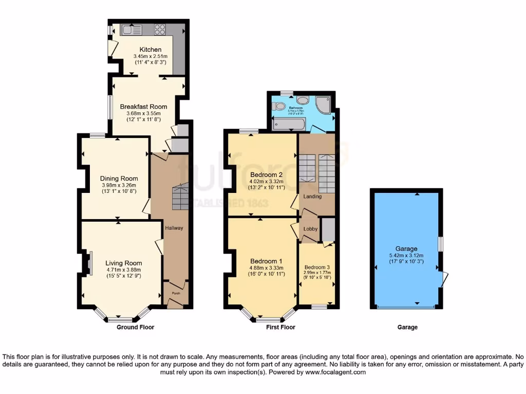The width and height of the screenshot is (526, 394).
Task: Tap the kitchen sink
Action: click(x=127, y=30)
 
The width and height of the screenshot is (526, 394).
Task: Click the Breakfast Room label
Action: click(x=144, y=107)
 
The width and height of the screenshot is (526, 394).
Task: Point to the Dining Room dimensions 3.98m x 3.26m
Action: click(x=119, y=185)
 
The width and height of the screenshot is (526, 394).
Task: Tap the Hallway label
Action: click(x=174, y=228)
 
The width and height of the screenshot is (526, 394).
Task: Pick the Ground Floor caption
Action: click(x=135, y=327)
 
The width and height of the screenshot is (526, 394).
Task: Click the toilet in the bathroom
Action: click(x=279, y=106)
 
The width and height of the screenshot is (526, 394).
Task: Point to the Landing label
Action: click(x=312, y=196)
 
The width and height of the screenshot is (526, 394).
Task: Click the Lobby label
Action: click(x=311, y=229)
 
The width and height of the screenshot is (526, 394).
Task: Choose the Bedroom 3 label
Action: click(x=317, y=267)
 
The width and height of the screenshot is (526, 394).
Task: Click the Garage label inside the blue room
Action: click(x=406, y=248)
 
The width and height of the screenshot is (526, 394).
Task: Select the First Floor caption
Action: click(x=280, y=327)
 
